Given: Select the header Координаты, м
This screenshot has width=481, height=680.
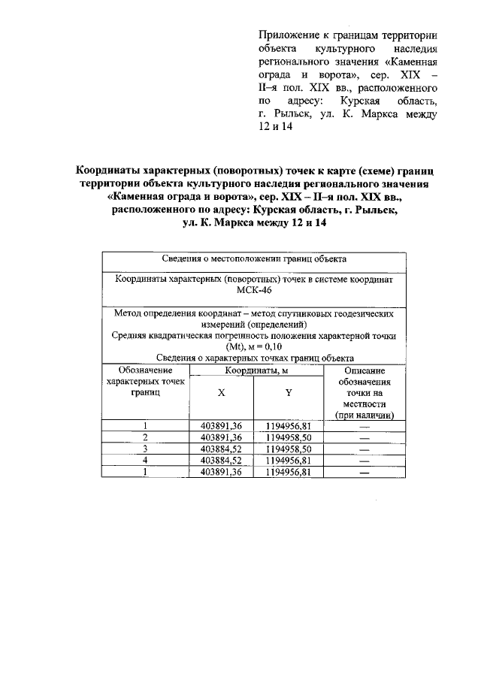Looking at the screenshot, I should (x=254, y=370).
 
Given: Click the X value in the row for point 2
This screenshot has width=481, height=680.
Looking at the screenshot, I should (x=221, y=437).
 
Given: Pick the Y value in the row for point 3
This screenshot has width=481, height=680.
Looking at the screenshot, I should (x=289, y=449).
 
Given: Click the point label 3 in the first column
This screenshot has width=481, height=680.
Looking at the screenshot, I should (x=145, y=449).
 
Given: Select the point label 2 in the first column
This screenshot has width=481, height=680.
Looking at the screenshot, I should (x=145, y=437).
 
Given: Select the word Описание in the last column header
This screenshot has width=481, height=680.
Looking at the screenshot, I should (x=365, y=370).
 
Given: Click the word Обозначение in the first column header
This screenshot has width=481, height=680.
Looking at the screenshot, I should (x=145, y=370).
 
